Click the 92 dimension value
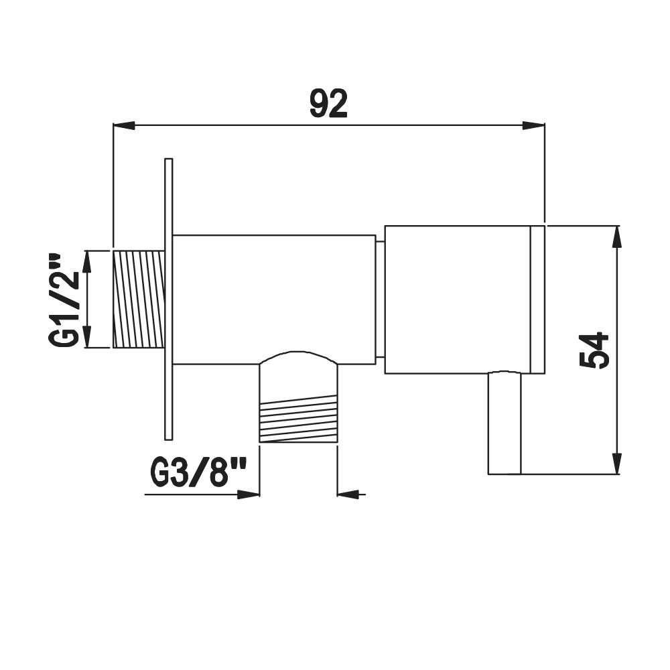pos(328,104)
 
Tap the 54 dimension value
pos(594,350)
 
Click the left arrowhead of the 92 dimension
pos(124,125)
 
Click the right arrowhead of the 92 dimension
pos(534,125)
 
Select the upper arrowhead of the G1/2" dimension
pos(86,261)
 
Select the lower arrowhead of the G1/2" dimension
pos(86,337)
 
